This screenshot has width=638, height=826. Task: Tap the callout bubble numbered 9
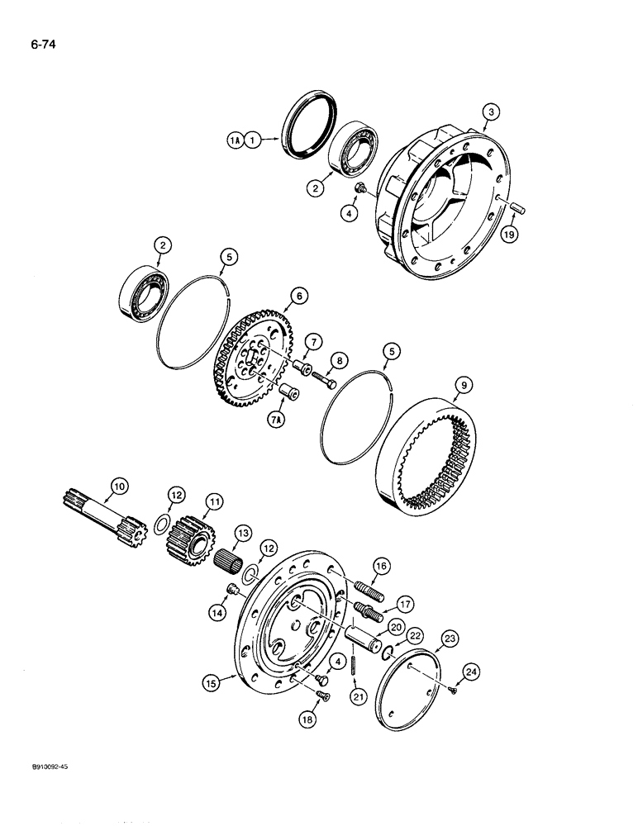point(461,384)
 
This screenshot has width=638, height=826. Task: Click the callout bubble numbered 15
point(212,682)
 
